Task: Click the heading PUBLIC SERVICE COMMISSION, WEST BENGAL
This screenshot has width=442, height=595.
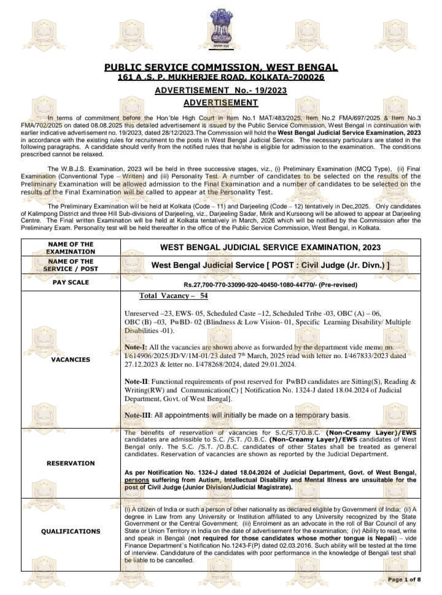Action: (x=221, y=67)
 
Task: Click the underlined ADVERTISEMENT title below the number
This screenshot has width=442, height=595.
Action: (x=221, y=102)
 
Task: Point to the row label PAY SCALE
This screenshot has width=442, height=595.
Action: (x=71, y=283)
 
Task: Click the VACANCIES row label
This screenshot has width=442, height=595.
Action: (x=71, y=359)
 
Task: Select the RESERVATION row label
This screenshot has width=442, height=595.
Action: (x=71, y=463)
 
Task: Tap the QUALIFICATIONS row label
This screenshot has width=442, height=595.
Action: (x=71, y=531)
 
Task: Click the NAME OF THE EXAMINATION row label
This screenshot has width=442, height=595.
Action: (x=71, y=248)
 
